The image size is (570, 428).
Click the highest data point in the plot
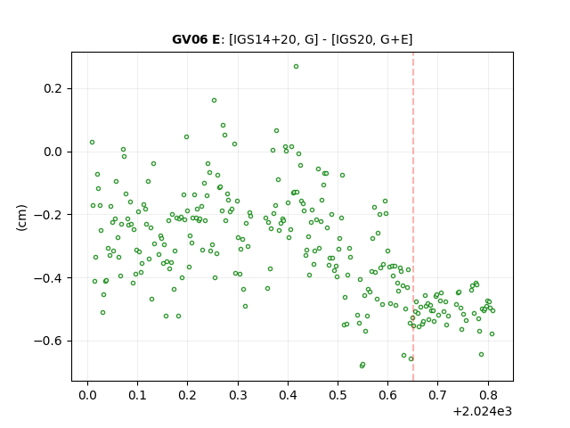[x=296, y=67]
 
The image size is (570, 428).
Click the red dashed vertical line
[x=413, y=217]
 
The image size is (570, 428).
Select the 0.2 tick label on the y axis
[x=53, y=88]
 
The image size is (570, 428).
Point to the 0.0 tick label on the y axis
[x=53, y=152]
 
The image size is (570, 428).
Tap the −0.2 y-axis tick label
[x=48, y=215]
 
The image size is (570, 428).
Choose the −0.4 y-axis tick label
[x=48, y=278]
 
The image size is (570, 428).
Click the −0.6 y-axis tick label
[x=48, y=341]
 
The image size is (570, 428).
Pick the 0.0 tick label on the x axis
[x=87, y=395]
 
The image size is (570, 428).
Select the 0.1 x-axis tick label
[x=137, y=395]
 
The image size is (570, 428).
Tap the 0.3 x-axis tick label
[x=238, y=395]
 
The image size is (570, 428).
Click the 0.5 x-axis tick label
[x=338, y=395]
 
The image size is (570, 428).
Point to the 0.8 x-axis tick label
[x=488, y=395]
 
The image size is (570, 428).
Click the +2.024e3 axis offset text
[x=483, y=412]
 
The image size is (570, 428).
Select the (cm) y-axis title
[x=21, y=218]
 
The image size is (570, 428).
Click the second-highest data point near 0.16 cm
[x=214, y=101]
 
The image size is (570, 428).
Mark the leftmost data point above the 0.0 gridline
[x=92, y=143]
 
